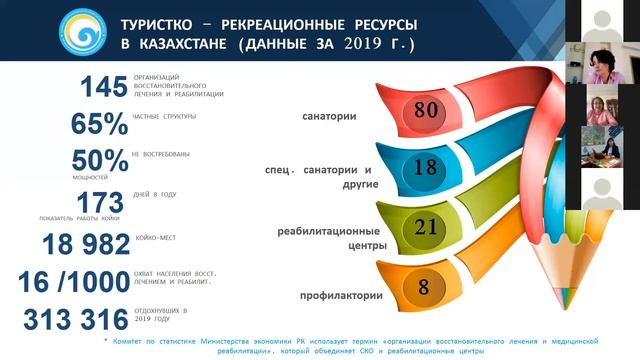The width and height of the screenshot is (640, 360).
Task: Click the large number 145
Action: [95, 88]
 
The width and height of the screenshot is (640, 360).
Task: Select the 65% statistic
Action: [99, 124]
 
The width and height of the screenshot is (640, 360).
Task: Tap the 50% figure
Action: [99, 160]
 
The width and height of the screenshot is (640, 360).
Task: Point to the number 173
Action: [99, 201]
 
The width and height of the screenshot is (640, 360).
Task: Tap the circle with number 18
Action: [425, 167]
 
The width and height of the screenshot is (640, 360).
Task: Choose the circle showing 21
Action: [425, 227]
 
